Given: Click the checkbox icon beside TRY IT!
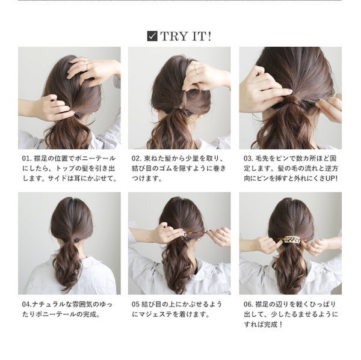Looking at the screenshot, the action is point(152,36).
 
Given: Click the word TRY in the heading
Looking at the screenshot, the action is point(171,36).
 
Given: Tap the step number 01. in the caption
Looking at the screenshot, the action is point(27,159).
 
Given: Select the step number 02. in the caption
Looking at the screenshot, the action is point(137,159).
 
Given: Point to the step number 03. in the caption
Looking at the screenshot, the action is point(248,159).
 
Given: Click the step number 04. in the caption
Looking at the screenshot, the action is point(27,304).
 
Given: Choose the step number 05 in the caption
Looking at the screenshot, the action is point(135,304).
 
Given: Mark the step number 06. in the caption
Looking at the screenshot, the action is point(248,304).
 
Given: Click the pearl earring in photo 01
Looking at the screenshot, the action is point(94,114).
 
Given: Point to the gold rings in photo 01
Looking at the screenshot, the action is point(85,66).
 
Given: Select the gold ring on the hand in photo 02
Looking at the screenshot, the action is point(196,70).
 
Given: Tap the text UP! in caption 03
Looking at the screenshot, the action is point(332,178).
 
